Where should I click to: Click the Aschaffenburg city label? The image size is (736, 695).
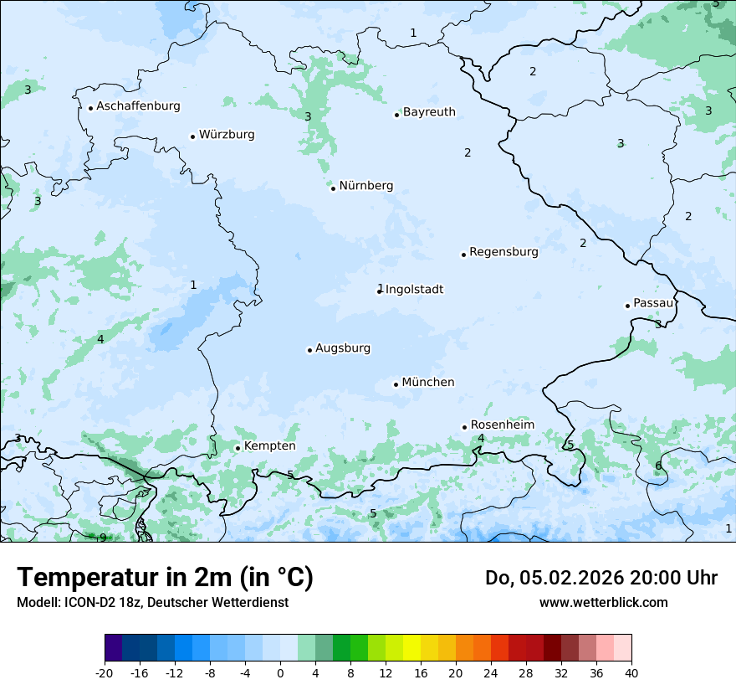[138, 106]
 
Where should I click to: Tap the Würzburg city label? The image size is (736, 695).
[227, 135]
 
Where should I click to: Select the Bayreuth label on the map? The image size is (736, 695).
[429, 112]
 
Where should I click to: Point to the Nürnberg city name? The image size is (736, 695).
[365, 186]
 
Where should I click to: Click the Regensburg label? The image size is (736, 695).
[503, 252]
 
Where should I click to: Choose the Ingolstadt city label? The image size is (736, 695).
[414, 290]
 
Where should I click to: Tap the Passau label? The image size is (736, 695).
[652, 303]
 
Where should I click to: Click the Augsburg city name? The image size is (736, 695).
[343, 348]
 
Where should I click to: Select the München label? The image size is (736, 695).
[428, 383]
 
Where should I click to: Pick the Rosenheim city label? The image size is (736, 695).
[502, 425]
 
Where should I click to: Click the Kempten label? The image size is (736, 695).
[269, 446]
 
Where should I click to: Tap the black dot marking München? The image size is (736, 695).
[396, 384]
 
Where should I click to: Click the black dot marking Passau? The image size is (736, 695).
[627, 306]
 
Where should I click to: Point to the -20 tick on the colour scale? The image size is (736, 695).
[105, 673]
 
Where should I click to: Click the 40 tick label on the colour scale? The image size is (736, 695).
[631, 673]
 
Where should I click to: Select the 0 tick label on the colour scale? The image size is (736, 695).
[280, 673]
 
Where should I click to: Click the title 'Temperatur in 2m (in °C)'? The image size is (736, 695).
[165, 578]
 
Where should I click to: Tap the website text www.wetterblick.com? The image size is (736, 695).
[603, 602]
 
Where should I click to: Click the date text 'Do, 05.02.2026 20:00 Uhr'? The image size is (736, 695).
[601, 578]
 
